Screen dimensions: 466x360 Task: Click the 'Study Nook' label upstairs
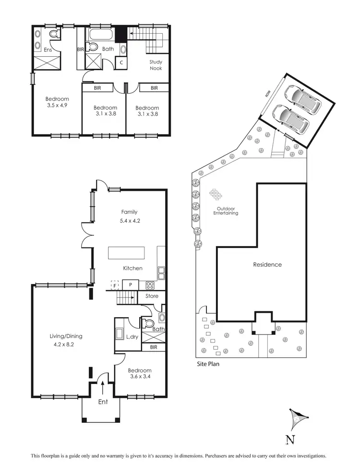pyautogui.click(x=156, y=65)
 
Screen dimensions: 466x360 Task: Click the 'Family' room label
pyautogui.click(x=129, y=212)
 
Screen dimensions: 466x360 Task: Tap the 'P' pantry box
pyautogui.click(x=130, y=285)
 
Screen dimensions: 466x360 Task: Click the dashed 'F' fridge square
pyautogui.click(x=114, y=285)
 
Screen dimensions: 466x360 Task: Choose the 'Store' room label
pyautogui.click(x=152, y=296)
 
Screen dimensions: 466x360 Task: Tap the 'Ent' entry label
pyautogui.click(x=102, y=402)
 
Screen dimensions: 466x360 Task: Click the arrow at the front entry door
pyautogui.click(x=102, y=385)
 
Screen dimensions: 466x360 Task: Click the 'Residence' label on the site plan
pyautogui.click(x=267, y=264)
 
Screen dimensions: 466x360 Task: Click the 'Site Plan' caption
pyautogui.click(x=208, y=364)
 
